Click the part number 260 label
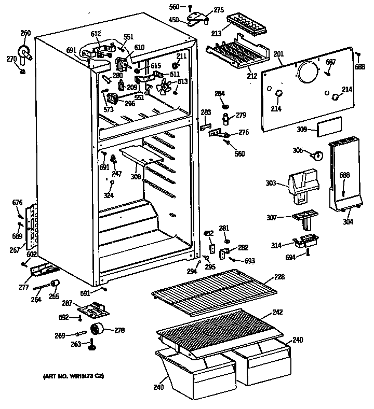25,33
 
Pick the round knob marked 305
317,154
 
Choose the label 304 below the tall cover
348,222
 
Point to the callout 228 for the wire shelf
279,277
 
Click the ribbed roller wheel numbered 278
96,329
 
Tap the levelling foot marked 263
91,344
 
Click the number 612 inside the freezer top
96,34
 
